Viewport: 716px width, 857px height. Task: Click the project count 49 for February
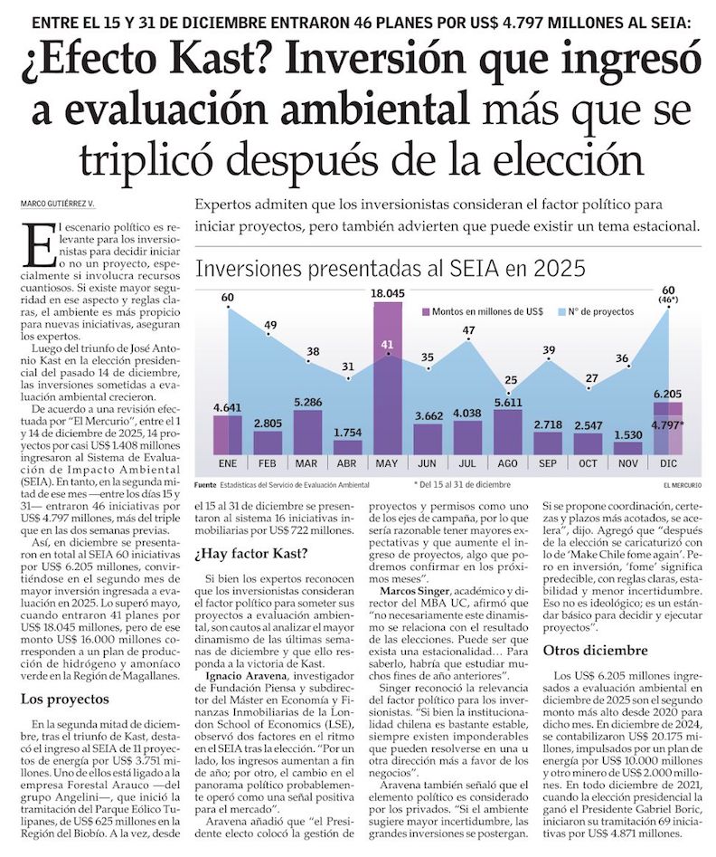click(270, 326)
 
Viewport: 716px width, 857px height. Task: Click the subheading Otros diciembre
click(594, 650)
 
